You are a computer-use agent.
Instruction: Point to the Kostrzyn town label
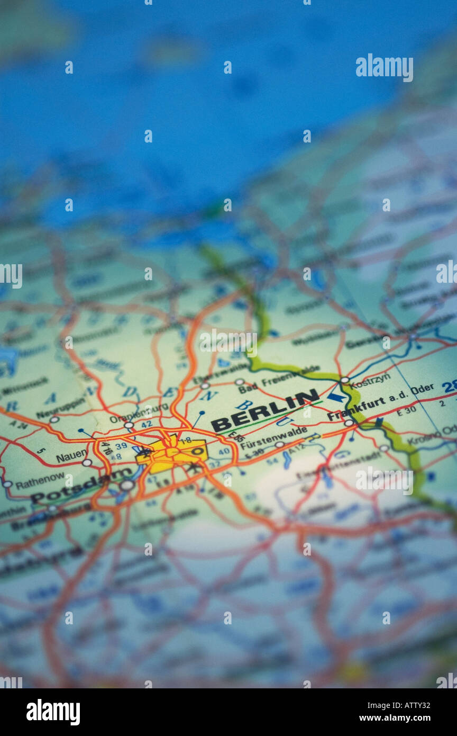(x=370, y=380)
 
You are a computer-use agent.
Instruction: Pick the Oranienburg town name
(x=139, y=414)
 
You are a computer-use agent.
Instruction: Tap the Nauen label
(x=71, y=454)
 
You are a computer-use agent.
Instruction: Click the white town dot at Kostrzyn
(x=344, y=380)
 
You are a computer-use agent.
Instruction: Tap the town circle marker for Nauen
(x=87, y=462)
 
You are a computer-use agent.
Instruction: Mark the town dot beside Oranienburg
(x=128, y=425)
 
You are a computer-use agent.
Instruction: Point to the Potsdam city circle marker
(x=127, y=484)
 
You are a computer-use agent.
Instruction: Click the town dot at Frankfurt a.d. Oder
(x=348, y=423)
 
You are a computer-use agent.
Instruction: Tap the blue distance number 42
(x=147, y=424)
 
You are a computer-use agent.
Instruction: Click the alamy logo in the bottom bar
(x=53, y=712)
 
